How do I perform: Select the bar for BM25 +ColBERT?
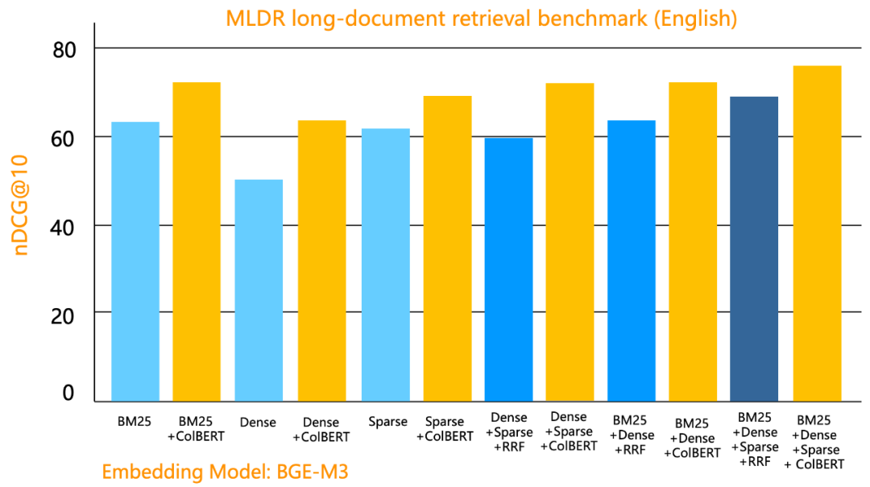[197, 242]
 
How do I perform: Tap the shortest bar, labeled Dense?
[259, 290]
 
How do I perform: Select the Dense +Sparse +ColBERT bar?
[570, 242]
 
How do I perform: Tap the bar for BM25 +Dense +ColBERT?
[693, 242]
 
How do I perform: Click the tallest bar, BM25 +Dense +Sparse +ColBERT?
[817, 233]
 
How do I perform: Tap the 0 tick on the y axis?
[68, 393]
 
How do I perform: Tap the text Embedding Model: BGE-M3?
[225, 472]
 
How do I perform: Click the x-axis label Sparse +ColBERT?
[445, 429]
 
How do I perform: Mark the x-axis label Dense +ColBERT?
[321, 430]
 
